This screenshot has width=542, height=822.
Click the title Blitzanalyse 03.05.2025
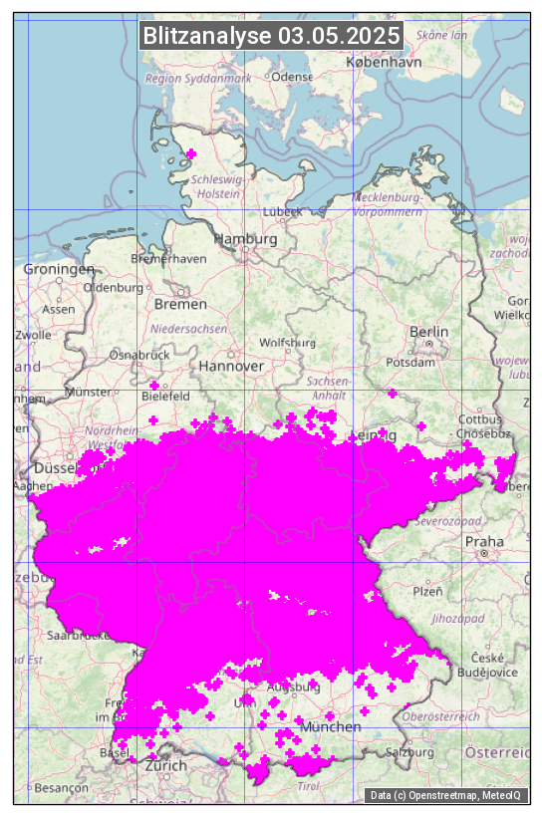click(x=271, y=36)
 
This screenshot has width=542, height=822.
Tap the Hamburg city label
click(x=245, y=239)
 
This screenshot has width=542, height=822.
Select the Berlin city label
click(x=428, y=332)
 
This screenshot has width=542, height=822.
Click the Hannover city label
click(x=231, y=366)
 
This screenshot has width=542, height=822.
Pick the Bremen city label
click(x=180, y=304)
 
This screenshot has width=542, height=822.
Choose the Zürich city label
click(x=165, y=765)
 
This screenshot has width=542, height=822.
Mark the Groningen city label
click(x=59, y=269)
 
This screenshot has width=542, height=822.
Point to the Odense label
click(x=292, y=77)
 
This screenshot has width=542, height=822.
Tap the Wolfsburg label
click(x=287, y=343)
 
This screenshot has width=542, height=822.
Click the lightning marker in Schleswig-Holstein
click(x=191, y=153)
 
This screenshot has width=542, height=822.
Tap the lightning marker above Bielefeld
click(x=153, y=385)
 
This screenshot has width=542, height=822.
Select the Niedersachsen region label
click(x=189, y=328)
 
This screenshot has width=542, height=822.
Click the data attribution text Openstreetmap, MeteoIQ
click(x=448, y=795)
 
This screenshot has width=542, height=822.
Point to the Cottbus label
click(x=479, y=419)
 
